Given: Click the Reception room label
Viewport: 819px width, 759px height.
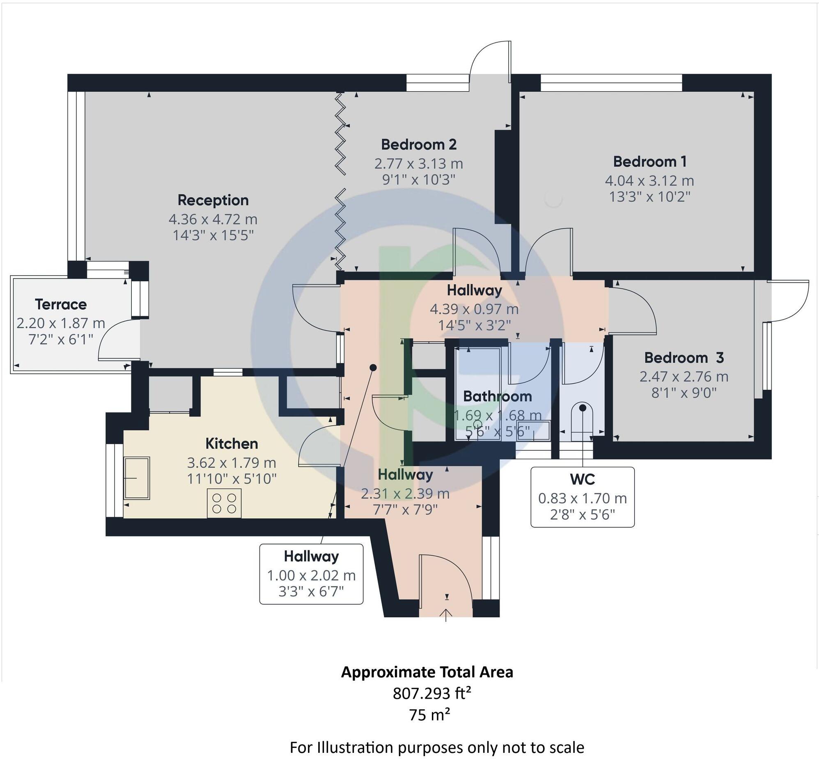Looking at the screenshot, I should click(213, 200).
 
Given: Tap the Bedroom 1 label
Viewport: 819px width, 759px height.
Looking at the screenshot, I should click(649, 162).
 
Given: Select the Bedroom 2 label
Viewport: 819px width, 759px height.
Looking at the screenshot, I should click(418, 145).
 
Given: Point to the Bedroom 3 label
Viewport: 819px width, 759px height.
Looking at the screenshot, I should click(684, 358).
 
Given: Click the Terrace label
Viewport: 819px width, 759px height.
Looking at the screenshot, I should click(61, 304).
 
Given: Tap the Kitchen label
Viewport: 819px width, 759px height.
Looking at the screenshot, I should click(232, 444).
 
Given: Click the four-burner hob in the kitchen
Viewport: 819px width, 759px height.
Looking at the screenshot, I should click(224, 503).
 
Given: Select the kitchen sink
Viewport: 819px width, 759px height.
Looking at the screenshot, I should click(137, 478).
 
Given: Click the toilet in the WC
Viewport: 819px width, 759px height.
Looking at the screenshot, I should click(582, 419).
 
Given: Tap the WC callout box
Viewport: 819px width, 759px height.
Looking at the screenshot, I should click(582, 497).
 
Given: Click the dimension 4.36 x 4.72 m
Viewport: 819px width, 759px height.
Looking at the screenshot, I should click(213, 219).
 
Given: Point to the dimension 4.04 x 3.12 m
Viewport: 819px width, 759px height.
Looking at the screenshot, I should click(649, 181).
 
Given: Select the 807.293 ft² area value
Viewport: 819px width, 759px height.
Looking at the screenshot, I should click(431, 694).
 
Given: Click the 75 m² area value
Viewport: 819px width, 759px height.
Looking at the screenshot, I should click(429, 715).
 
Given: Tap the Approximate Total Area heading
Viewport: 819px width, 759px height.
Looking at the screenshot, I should click(427, 672).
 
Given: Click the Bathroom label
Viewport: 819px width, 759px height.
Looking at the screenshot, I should click(498, 396).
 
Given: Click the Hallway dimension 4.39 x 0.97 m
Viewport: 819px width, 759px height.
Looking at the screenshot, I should click(474, 309).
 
